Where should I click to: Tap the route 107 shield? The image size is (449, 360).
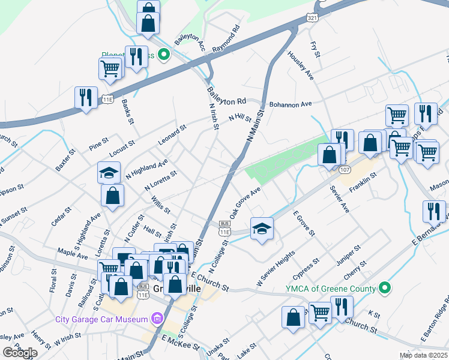click(x=344, y=170)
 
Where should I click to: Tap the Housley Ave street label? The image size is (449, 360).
click(x=301, y=66)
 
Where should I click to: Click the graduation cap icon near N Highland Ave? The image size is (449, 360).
click(x=109, y=172)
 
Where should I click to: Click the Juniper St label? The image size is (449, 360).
click(x=348, y=255)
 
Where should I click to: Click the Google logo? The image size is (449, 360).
click(x=20, y=352)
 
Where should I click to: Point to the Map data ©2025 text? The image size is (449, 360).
click(x=423, y=355)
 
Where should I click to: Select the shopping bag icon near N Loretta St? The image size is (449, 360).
click(x=113, y=195)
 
